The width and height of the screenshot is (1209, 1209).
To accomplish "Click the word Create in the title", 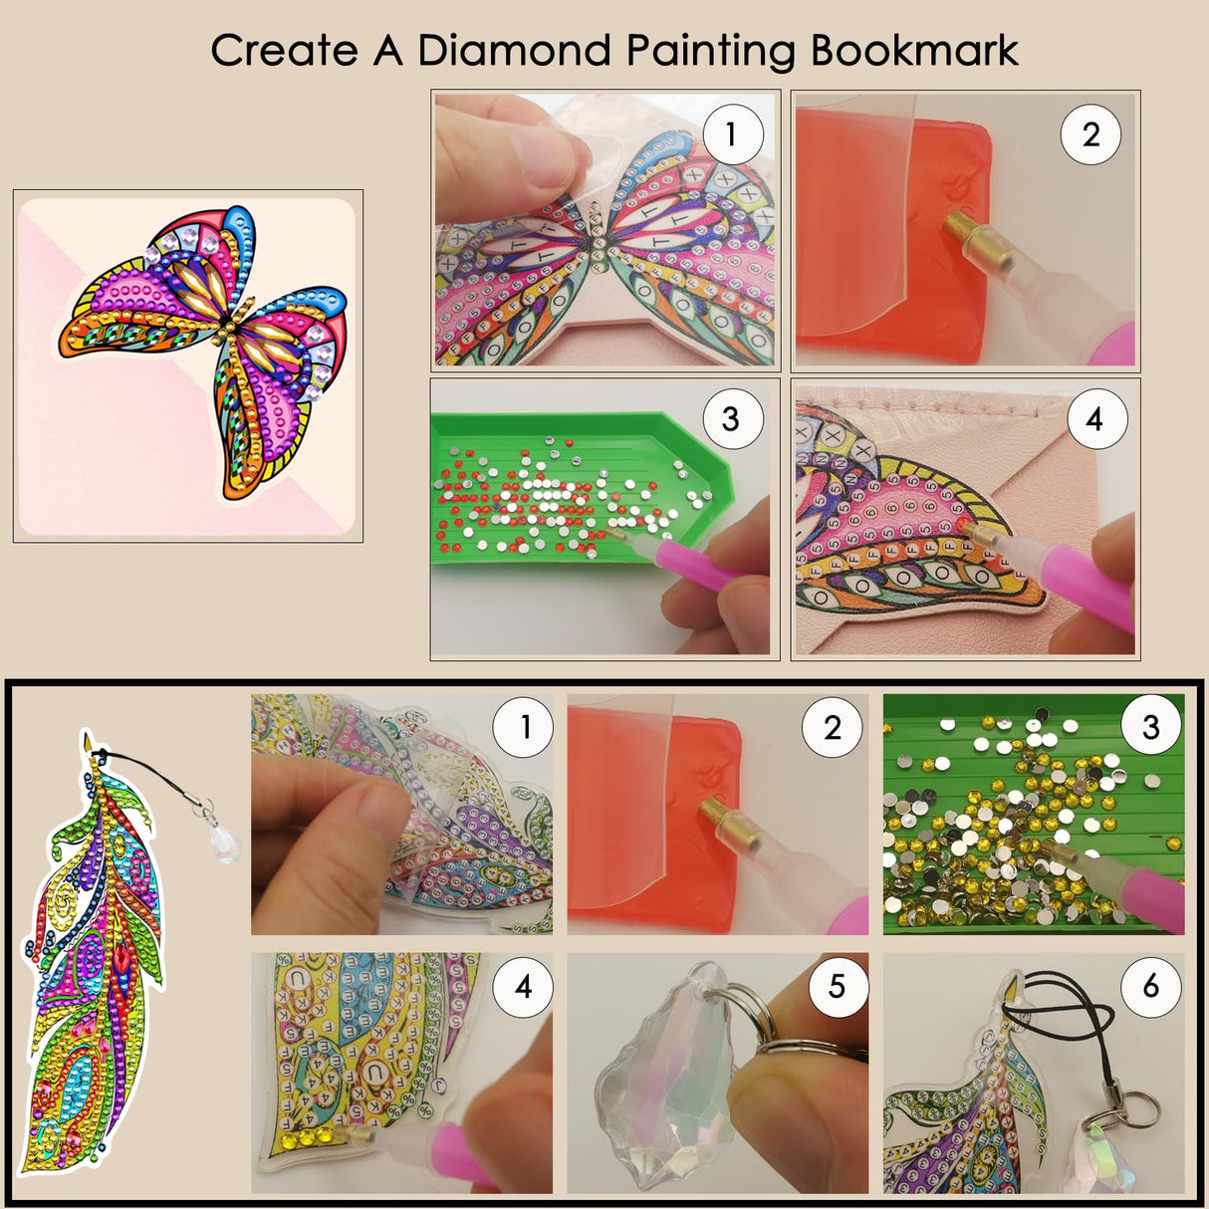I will click(x=283, y=51).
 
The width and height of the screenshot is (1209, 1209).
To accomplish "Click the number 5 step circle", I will click(x=837, y=986).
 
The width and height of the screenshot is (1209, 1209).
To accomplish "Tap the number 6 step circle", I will click(x=1151, y=986).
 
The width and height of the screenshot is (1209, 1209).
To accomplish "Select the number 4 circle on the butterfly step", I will click(x=1094, y=419).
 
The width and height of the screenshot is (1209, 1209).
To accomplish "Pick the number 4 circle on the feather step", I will click(x=524, y=986).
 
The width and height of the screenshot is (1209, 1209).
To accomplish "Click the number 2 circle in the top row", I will click(x=1090, y=134).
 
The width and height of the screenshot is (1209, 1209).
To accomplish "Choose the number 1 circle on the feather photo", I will click(x=524, y=728).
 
